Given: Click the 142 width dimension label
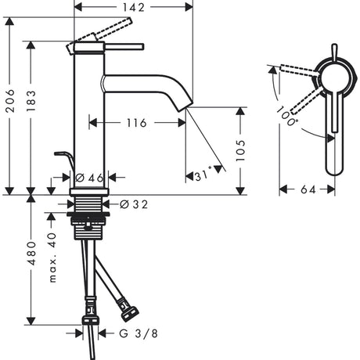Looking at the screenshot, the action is (133, 8).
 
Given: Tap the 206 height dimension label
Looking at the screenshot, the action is (10, 101).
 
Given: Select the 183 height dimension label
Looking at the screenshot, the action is (31, 101).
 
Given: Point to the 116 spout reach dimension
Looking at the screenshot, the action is (136, 123).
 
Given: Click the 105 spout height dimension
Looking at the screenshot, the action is (240, 150).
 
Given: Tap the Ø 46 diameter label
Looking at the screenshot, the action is (89, 178).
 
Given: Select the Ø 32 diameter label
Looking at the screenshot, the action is (134, 204).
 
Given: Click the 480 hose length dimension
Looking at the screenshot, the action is (31, 253).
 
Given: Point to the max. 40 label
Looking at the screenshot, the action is (52, 257).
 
